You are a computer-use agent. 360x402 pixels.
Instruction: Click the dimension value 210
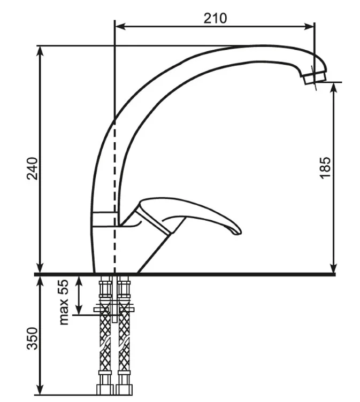[x=215, y=18]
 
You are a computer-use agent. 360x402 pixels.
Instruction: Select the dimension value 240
[x=33, y=168]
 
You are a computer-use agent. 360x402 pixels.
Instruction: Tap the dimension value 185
[x=325, y=167]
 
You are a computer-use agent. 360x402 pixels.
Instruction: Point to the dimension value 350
[x=33, y=338]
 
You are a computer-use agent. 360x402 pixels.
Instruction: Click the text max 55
[x=63, y=302]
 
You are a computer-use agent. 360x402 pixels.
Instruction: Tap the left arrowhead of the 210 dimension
[x=120, y=26]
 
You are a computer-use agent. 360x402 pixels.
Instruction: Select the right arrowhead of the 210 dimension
[x=309, y=26]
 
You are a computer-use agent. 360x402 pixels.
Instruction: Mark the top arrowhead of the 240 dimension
[x=40, y=51]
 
